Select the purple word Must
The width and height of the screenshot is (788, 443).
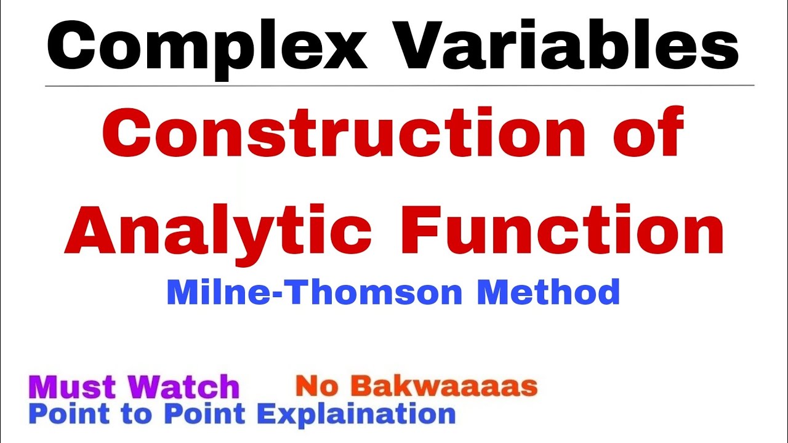pos(73,387)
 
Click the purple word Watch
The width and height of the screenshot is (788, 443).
pos(184,387)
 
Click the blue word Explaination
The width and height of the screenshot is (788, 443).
pos(356,414)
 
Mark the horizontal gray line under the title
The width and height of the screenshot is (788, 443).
pos(400,86)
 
